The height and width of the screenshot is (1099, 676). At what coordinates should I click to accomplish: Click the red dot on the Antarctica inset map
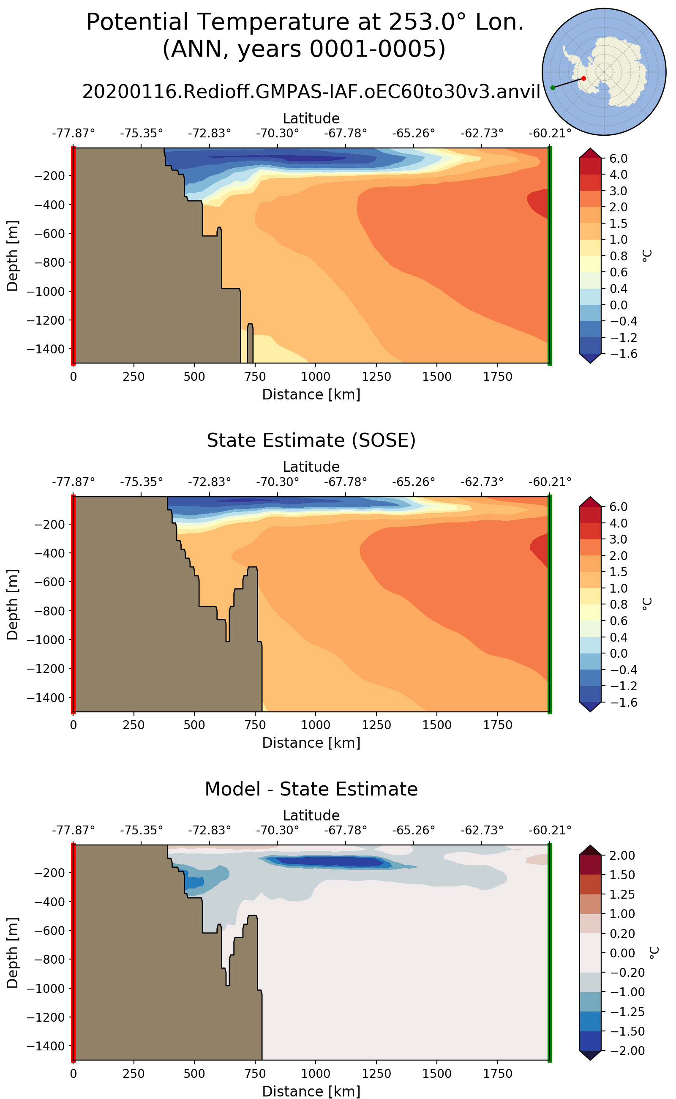[x=583, y=78]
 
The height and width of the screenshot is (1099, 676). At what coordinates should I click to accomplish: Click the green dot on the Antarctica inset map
[x=553, y=87]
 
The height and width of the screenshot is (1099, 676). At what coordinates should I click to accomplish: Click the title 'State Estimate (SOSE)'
[x=311, y=440]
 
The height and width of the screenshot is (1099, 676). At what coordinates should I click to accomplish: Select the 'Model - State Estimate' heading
[x=311, y=789]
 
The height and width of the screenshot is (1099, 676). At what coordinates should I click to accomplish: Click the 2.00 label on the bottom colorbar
[x=622, y=856]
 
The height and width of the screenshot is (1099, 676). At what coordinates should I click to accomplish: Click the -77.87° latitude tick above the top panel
[x=74, y=133]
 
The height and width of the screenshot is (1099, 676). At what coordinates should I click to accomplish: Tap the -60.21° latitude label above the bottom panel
[x=550, y=830]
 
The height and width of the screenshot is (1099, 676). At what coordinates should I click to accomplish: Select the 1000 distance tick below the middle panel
[x=316, y=725]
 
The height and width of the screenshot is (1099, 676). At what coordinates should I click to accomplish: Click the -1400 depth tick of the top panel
[x=46, y=349]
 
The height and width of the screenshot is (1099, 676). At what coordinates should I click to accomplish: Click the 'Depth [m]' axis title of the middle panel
[x=13, y=604]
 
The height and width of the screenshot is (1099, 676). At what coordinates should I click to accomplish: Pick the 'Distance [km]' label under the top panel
[x=311, y=394]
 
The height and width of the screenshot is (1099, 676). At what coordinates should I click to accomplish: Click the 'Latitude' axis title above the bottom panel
[x=311, y=815]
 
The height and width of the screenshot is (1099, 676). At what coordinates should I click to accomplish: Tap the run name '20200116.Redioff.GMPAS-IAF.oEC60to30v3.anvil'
[x=311, y=92]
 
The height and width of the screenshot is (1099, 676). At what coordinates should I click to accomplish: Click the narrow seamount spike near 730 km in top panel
[x=250, y=342]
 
